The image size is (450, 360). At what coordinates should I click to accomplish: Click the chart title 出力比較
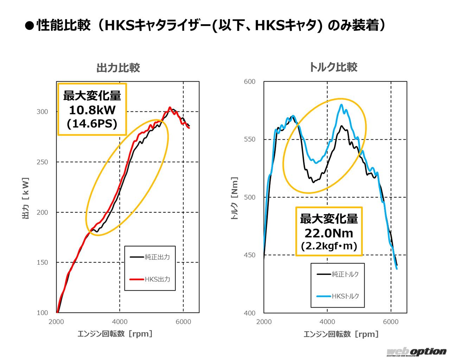[x=118, y=68]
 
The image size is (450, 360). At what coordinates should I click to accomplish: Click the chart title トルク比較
[x=333, y=67]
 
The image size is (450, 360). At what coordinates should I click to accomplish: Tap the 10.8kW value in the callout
[x=92, y=110]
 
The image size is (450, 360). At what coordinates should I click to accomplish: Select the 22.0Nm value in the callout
[x=329, y=233]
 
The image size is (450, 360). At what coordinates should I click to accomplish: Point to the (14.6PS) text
[x=92, y=124]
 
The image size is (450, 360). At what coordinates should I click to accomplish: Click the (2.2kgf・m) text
[x=329, y=246]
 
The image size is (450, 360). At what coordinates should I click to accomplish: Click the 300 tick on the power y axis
[x=42, y=112]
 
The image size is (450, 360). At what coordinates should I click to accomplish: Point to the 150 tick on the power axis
[x=42, y=263]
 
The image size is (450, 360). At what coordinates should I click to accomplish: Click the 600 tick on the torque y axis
[x=250, y=82]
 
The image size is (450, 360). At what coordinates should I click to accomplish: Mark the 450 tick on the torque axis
[x=250, y=255]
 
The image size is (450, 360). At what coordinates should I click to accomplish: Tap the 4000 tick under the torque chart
[x=327, y=322]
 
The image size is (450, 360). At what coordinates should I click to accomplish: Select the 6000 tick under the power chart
[x=183, y=322]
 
